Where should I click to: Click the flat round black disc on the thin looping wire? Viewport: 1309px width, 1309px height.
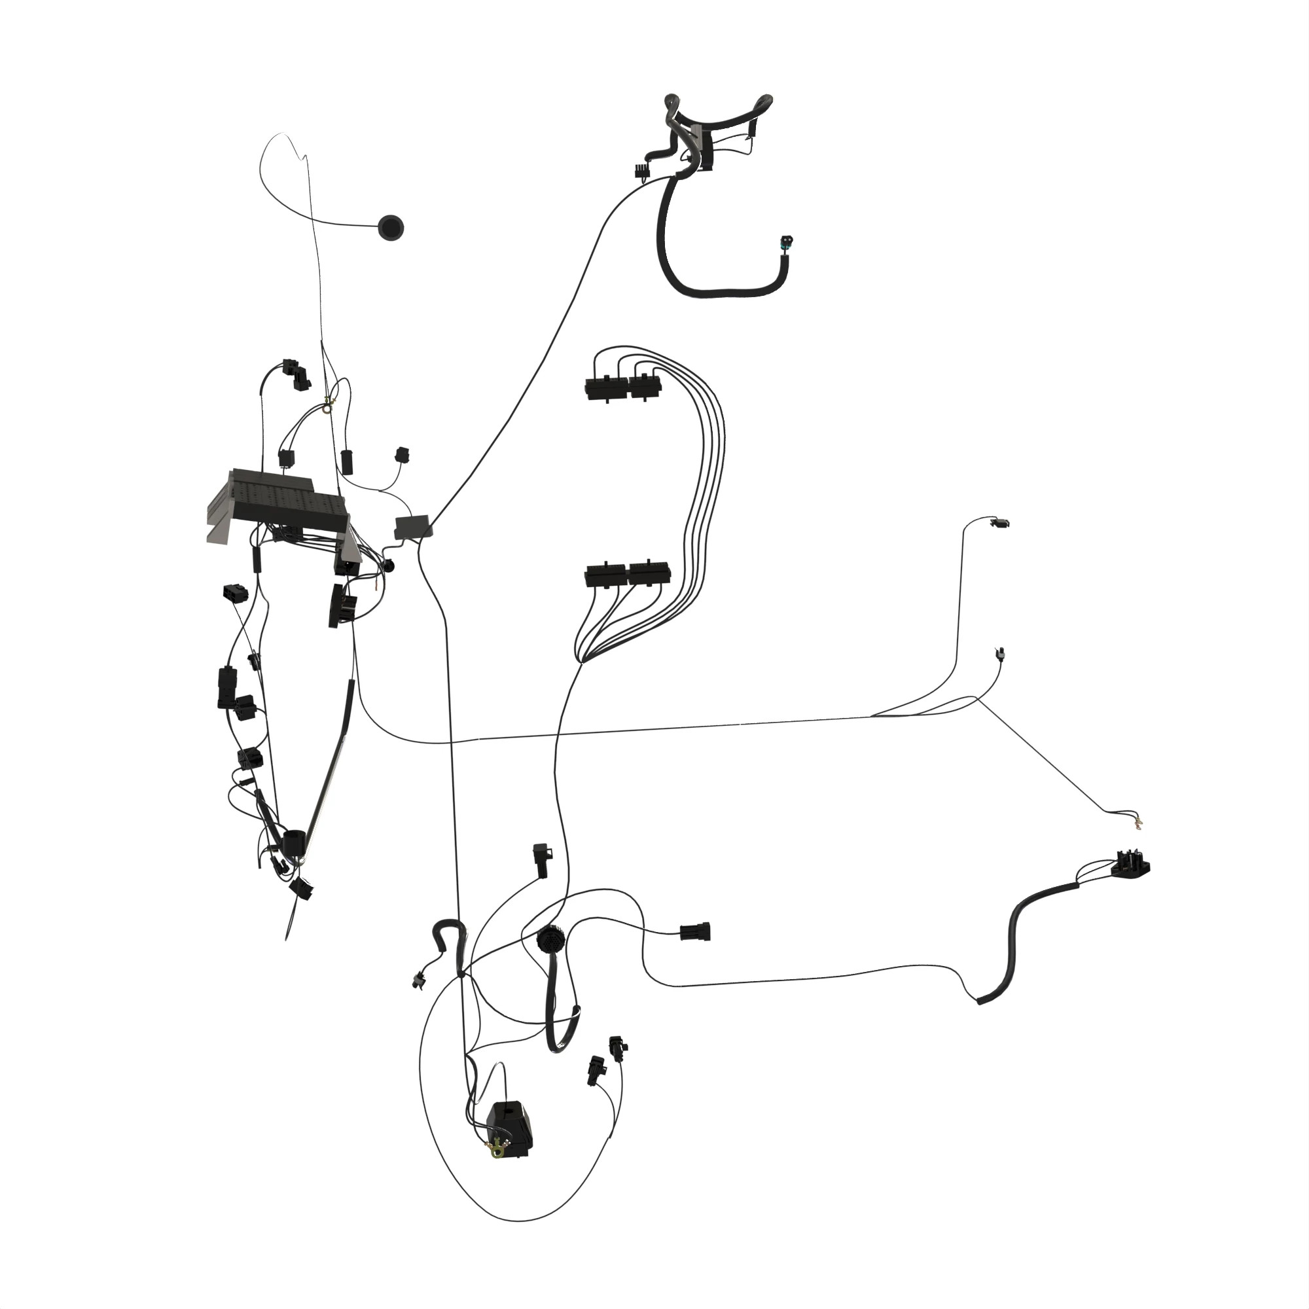point(390,227)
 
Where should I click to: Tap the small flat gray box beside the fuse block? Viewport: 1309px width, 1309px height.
point(412,526)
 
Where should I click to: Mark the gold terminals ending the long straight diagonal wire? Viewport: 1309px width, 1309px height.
point(1137,825)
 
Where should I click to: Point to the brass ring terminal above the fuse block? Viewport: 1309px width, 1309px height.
point(329,405)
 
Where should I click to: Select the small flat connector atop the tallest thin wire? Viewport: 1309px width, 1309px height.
point(999,522)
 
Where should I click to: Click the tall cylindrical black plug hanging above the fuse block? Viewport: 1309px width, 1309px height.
point(347,461)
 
